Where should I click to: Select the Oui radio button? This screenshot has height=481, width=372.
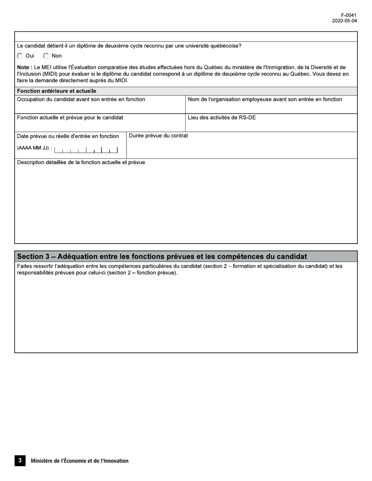(20, 56)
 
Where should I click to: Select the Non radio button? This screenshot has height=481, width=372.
(46, 56)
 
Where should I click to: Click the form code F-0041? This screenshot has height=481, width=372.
(349, 15)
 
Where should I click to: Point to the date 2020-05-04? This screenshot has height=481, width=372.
(344, 21)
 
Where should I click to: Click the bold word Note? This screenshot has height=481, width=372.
(24, 67)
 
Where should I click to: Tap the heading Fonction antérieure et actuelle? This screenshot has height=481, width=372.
(57, 91)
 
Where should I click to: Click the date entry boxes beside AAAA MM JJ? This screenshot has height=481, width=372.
(86, 150)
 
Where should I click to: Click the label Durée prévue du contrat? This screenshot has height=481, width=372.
(158, 136)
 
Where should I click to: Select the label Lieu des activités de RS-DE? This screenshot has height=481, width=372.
(222, 117)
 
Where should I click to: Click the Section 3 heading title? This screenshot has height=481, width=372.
(162, 257)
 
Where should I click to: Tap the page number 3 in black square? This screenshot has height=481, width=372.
(20, 461)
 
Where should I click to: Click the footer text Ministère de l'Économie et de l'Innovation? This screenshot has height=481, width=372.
(79, 461)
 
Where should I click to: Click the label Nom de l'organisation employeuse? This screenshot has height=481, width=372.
(265, 99)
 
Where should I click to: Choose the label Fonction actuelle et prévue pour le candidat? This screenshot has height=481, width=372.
(70, 117)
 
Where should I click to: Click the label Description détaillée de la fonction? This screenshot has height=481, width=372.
(81, 162)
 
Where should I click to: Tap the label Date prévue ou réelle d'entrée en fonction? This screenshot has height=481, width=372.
(68, 136)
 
